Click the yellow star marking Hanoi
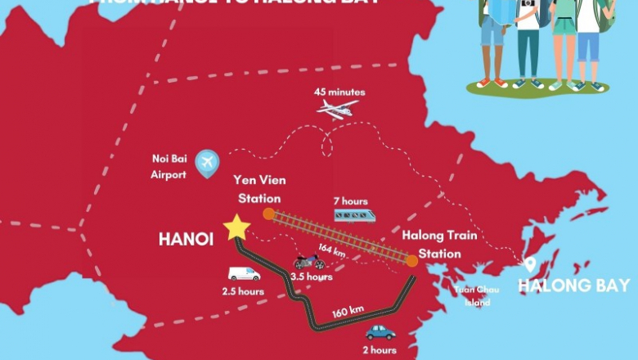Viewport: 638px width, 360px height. (x=236, y=228)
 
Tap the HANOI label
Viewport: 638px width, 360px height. (x=186, y=240)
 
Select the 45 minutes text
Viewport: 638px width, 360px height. (x=339, y=92)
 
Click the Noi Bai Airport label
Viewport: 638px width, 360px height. (x=170, y=167)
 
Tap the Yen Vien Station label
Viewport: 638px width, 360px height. (x=258, y=188)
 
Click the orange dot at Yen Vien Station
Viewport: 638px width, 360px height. (x=268, y=214)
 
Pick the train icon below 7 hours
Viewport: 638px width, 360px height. (x=354, y=215)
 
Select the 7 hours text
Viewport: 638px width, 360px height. (x=350, y=201)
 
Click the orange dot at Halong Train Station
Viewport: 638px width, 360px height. (x=411, y=260)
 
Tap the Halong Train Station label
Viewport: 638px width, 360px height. (x=429, y=244)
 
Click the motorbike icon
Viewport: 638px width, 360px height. (x=309, y=262)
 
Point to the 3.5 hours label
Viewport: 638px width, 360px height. (x=312, y=277)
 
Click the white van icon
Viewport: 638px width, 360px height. (x=243, y=274)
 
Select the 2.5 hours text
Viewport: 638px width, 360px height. (x=242, y=291)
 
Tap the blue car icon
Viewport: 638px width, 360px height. (x=380, y=332)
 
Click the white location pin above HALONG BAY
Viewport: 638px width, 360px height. (x=530, y=264)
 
